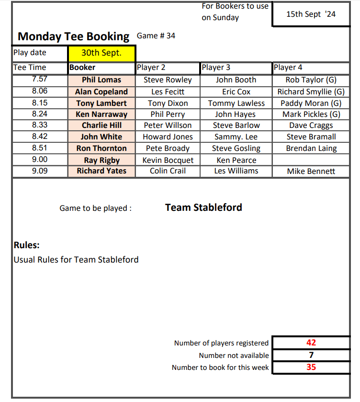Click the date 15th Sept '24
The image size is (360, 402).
(311, 14)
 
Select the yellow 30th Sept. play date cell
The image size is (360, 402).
(101, 53)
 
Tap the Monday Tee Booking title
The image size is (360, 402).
(73, 36)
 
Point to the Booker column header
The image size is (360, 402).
(82, 68)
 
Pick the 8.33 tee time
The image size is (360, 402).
(40, 125)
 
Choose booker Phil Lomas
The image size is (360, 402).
(101, 80)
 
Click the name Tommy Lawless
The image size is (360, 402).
(236, 103)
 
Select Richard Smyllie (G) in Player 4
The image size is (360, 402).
(311, 92)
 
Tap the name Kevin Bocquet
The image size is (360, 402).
(168, 160)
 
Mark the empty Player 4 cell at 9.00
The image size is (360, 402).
(311, 160)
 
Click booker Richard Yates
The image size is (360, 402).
(101, 171)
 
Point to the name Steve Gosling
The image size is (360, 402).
(236, 149)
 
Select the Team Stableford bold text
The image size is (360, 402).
(203, 207)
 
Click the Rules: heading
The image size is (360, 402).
(27, 246)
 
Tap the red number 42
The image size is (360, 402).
(311, 343)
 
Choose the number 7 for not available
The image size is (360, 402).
(311, 355)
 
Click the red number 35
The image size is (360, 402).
(311, 368)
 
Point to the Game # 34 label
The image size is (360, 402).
(156, 36)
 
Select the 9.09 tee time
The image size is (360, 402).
(40, 171)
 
